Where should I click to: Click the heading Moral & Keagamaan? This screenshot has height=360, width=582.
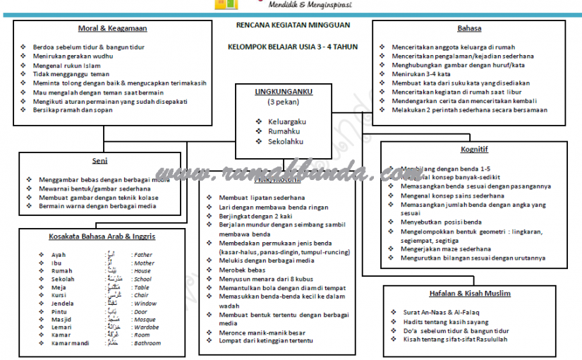click(108, 28)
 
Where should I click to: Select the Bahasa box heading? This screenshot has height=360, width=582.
click(469, 28)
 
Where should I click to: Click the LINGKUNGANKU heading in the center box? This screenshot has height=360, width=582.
click(284, 92)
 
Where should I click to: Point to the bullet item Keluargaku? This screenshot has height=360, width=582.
click(287, 121)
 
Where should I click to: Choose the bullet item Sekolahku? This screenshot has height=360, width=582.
click(286, 141)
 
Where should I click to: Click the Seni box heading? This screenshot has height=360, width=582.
click(99, 160)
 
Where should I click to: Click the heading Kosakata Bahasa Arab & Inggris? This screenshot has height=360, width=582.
click(102, 236)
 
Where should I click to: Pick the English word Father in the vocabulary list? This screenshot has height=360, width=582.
click(143, 255)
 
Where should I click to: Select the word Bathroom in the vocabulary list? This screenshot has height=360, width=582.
click(147, 343)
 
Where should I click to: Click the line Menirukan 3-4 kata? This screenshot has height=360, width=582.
click(421, 74)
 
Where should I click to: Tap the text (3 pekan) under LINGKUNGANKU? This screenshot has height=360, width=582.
click(283, 102)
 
